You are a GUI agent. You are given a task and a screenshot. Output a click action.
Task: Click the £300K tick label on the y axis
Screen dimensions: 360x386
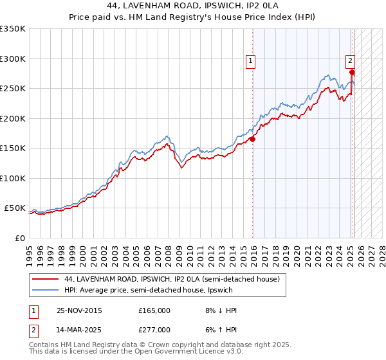12,59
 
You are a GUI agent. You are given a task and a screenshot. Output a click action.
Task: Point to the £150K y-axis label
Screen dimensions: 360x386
12,148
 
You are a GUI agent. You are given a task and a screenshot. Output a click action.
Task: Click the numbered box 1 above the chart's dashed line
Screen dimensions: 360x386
250,62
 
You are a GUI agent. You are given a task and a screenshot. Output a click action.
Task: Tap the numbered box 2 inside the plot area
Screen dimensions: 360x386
350,62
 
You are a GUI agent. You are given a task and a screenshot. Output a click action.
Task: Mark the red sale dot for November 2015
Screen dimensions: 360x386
253,138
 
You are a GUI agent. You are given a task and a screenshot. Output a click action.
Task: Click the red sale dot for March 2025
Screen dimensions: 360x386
352,72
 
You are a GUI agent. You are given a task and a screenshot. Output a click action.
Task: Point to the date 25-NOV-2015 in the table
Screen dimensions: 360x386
78,310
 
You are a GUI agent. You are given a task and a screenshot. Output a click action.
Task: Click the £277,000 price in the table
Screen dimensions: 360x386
154,330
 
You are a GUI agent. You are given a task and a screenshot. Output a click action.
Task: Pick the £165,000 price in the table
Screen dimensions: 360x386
154,310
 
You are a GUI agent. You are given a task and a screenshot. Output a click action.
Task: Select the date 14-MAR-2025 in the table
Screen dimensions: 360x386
78,330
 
